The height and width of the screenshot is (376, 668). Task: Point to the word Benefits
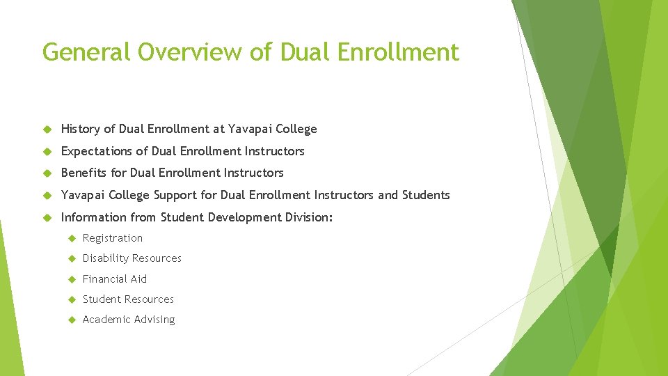[84, 173]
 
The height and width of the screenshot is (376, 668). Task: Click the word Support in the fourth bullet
[176, 195]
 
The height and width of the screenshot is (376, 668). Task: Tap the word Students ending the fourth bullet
[425, 195]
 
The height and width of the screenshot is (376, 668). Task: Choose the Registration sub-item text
[113, 238]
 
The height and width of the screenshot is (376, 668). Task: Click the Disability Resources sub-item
[132, 258]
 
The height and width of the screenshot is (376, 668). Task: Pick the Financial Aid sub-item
[115, 279]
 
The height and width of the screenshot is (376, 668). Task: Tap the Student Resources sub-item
[128, 299]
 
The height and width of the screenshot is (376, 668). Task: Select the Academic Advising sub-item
[129, 320]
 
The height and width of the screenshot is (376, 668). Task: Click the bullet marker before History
[47, 129]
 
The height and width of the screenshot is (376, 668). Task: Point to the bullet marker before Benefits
[47, 173]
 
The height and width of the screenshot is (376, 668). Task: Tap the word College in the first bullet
[296, 129]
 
